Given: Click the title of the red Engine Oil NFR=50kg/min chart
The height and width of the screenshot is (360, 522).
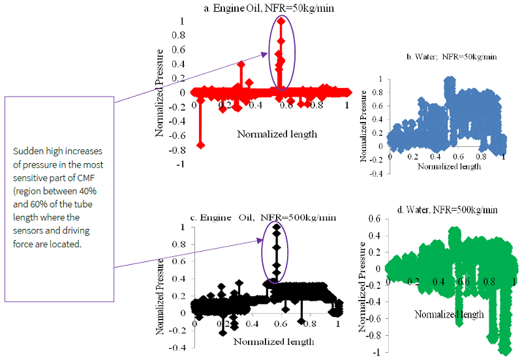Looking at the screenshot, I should (x=272, y=7).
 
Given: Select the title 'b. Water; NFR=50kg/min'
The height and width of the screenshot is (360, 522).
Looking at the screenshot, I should (x=452, y=57).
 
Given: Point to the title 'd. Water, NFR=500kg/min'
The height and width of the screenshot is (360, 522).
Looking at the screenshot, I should (x=448, y=210).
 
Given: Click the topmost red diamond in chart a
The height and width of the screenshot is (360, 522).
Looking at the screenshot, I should (x=281, y=21).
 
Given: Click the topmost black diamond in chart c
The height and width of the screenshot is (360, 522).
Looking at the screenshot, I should (x=277, y=228).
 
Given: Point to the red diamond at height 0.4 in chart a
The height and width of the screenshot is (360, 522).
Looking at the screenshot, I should (x=241, y=65).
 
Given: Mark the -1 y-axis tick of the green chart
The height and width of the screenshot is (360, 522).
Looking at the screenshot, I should (x=378, y=352).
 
